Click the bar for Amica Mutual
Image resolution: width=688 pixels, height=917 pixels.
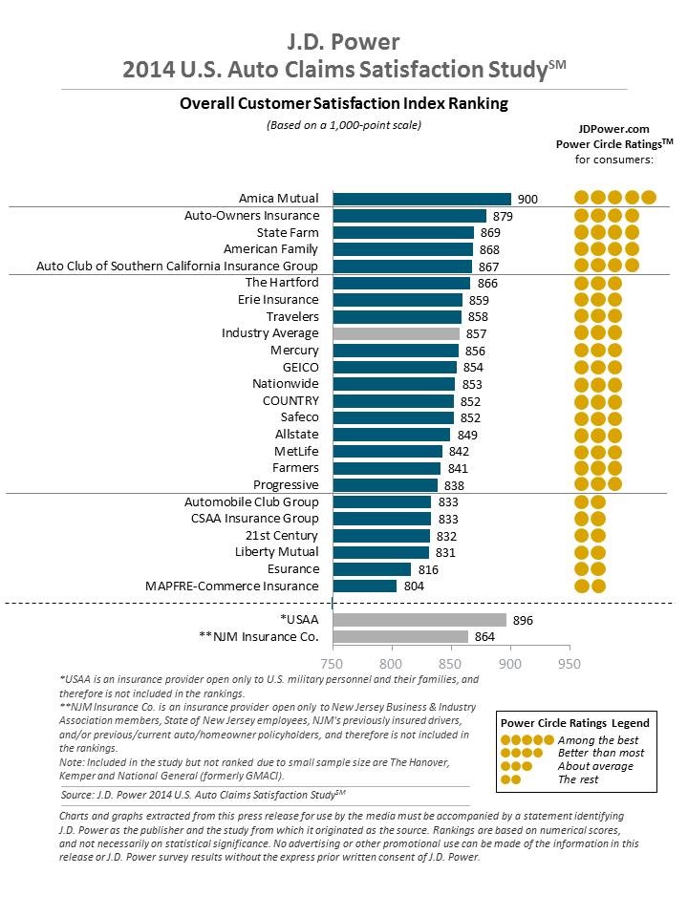421,199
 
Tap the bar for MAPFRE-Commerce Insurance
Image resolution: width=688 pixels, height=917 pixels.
364,586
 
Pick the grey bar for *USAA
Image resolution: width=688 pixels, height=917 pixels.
419,620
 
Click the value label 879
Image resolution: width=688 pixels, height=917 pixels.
504,216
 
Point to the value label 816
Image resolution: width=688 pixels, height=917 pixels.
428,569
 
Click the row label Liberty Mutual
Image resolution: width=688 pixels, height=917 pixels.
277,552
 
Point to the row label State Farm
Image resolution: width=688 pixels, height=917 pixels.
288,232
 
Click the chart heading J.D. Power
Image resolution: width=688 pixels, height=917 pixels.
343,42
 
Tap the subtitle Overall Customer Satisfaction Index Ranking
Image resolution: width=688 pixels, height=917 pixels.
343,103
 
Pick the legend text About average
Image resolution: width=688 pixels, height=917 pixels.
594,766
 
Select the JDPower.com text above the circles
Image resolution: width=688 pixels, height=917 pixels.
613,127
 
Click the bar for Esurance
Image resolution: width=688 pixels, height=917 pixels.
372,569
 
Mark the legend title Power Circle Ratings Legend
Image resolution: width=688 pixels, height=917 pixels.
575,723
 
